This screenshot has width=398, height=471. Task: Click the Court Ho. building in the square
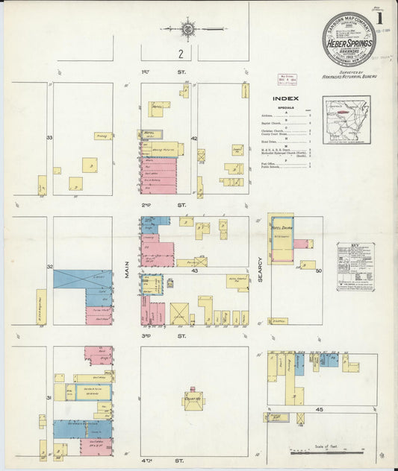[193, 400]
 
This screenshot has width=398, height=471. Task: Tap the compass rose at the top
[188, 30]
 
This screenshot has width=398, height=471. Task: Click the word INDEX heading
[286, 98]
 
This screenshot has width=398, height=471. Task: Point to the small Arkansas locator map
[346, 119]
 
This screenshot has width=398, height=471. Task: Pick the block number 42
[193, 138]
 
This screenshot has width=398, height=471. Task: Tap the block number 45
[319, 408]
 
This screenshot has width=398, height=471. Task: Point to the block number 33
[49, 138]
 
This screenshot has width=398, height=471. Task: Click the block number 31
[49, 398]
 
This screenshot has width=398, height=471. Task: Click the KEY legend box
[355, 265]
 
